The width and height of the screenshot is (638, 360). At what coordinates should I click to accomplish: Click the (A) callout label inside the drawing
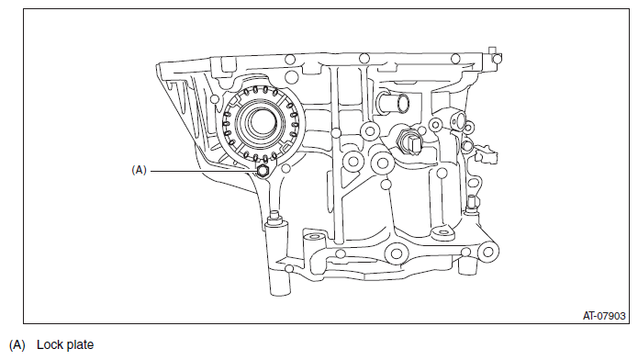click(139, 170)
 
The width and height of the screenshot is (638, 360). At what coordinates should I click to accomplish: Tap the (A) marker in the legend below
click(17, 345)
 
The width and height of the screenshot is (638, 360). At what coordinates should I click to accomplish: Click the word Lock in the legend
click(49, 344)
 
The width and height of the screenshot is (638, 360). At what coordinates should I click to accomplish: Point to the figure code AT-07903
click(604, 316)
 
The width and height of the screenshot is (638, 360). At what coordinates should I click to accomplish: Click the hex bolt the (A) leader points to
click(263, 171)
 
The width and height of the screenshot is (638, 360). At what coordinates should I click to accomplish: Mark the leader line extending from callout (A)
click(205, 171)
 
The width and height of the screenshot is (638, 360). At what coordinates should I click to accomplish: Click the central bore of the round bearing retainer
click(262, 122)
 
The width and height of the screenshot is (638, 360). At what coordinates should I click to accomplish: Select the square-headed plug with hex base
click(410, 142)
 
